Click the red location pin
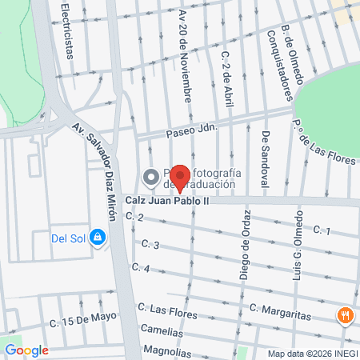point(181,178)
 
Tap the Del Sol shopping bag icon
point(97,237)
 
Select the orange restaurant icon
point(346,315)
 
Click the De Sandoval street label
point(265,160)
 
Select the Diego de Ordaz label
point(244,245)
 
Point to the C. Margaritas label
point(279,311)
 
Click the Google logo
point(26,350)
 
